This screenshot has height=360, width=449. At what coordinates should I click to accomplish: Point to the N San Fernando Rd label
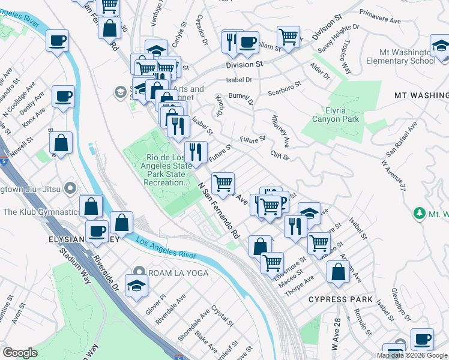220,210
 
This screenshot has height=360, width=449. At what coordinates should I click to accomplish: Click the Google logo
20,352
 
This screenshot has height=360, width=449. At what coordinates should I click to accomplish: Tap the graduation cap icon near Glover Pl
136,284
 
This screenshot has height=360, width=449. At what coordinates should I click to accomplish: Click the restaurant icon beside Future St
195,152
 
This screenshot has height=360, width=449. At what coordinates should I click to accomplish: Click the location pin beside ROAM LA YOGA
139,273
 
